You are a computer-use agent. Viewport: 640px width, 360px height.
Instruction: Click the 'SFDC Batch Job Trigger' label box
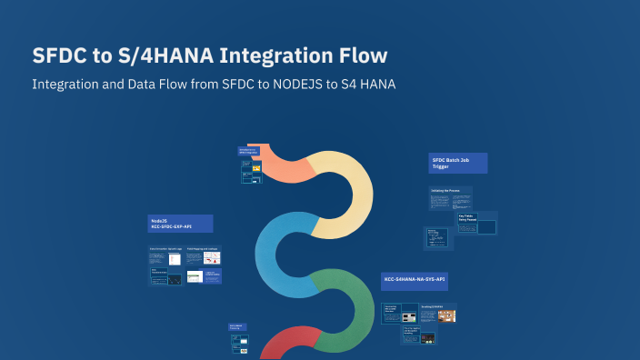coord(457,163)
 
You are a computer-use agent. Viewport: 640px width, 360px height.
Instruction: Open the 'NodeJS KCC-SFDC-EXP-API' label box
coord(180,223)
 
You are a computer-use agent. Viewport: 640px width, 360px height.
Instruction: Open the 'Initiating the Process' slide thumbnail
coord(451,197)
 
